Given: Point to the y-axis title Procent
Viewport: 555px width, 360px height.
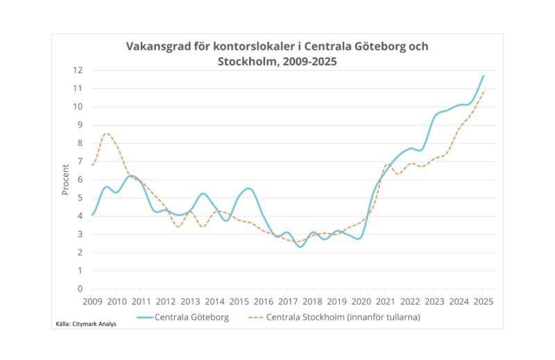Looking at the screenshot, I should [x=65, y=179].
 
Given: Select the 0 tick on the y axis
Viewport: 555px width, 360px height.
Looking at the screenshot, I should [x=80, y=289].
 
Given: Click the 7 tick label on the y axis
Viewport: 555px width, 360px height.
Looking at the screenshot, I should [x=80, y=161].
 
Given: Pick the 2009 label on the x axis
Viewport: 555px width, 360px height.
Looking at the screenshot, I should [x=92, y=302].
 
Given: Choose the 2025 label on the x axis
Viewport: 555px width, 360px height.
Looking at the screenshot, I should [x=484, y=302].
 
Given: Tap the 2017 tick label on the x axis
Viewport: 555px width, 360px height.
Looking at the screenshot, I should [x=288, y=302].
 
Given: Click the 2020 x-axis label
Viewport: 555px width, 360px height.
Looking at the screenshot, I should [x=361, y=302].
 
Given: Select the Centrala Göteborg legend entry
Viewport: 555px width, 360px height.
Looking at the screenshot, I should [x=185, y=317].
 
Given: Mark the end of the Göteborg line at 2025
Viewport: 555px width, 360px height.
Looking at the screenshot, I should [x=484, y=76].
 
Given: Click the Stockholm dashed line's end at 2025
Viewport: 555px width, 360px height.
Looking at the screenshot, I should [x=484, y=92].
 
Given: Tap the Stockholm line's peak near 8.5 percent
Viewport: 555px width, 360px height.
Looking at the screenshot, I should [x=106, y=133].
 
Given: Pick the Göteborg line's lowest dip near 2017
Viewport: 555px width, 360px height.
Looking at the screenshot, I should [x=300, y=246].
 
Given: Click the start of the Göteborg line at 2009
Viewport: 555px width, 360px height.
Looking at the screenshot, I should [x=92, y=215].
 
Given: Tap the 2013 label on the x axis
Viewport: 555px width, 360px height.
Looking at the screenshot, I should [x=190, y=302].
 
